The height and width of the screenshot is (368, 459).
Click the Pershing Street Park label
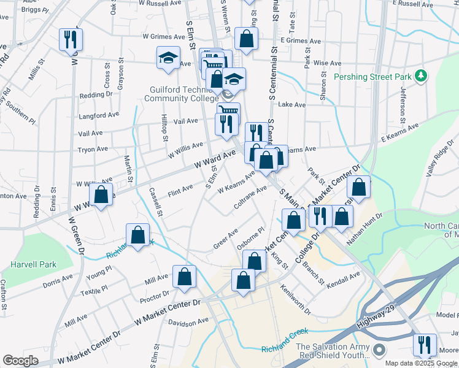click(x=372, y=77)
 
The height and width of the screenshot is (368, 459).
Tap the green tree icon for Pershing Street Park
click(x=420, y=76)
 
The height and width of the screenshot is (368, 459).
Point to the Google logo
click(x=20, y=360)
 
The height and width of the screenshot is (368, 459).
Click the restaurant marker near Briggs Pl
click(x=71, y=40)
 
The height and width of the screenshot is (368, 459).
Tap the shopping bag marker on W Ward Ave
click(x=102, y=195)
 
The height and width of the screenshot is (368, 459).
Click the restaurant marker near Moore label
click(x=425, y=345)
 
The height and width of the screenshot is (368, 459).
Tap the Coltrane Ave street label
click(x=250, y=200)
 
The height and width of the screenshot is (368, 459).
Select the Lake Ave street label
click(x=291, y=105)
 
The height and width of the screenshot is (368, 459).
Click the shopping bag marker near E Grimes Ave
click(x=246, y=39)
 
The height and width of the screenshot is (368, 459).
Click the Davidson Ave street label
click(x=189, y=321)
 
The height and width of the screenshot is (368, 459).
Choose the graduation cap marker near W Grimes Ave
click(x=168, y=58)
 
